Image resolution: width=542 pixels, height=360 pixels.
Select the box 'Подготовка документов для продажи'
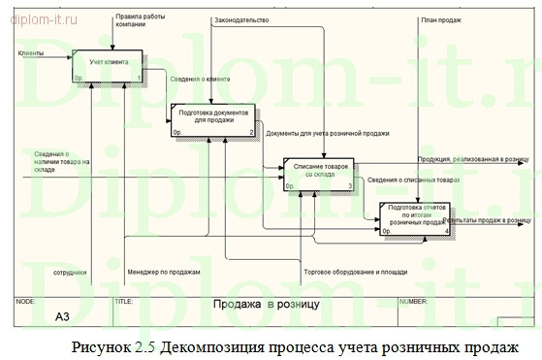coord(212,118)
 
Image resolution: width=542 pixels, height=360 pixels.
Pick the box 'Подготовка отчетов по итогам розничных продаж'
coord(414,218)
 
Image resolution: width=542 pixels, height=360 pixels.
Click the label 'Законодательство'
coord(241,19)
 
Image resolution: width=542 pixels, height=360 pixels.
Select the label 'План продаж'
coord(440,19)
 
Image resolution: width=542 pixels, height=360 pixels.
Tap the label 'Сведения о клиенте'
coord(199,79)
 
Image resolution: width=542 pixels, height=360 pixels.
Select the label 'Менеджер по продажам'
coord(163,272)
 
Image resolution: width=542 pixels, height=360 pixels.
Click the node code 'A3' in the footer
coord(62,316)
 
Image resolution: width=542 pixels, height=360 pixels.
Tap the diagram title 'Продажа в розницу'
coord(266,305)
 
